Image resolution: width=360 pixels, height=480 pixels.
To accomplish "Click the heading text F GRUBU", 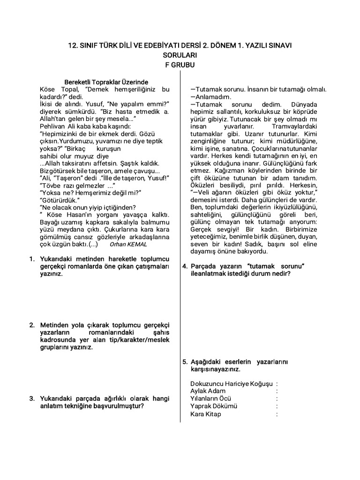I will (x=180, y=65).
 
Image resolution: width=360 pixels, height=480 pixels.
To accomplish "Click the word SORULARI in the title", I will (x=180, y=55).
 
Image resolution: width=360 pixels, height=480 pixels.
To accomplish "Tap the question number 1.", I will (x=32, y=259).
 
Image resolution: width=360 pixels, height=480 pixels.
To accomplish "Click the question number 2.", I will (x=32, y=325).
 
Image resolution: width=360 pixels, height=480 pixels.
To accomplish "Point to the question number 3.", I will (x=32, y=398).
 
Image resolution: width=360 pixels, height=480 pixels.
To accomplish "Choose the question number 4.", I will (x=185, y=266).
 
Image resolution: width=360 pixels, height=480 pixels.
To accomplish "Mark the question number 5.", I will (x=185, y=361).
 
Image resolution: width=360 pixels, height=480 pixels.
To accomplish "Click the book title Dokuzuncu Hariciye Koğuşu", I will (x=232, y=384).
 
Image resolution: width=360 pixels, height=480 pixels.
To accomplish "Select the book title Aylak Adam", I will (x=208, y=391).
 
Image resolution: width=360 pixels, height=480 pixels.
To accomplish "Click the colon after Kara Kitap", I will (x=277, y=414).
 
